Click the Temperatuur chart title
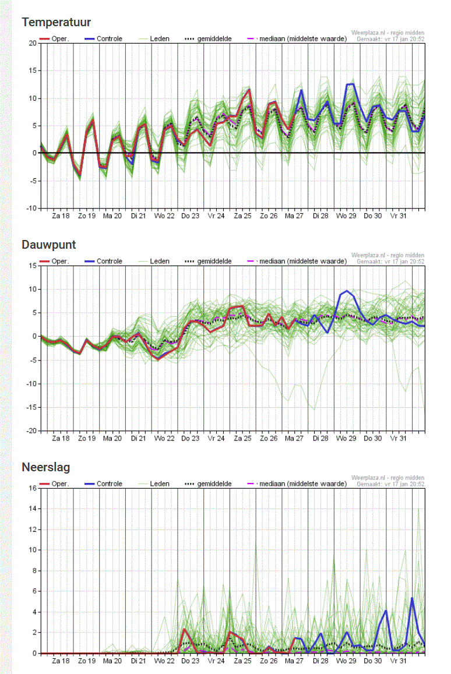pos(57,22)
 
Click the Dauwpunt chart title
pos(48,245)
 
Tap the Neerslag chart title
pos(45,467)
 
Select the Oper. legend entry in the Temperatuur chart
pos(54,38)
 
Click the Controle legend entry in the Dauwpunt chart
pos(104,262)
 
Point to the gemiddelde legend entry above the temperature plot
pos(208,38)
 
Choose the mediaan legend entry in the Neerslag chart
pos(297,484)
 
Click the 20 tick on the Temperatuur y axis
pos(33,43)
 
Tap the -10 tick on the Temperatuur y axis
pos(32,209)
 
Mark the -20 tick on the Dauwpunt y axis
pos(32,430)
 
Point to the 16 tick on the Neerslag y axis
pos(33,488)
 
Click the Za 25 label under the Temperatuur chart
pos(242,216)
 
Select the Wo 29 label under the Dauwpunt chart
pos(346,439)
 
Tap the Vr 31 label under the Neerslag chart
pos(398,661)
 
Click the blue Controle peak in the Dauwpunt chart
pos(347,291)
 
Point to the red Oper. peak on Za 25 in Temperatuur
pos(249,89)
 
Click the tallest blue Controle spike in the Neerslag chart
pos(412,598)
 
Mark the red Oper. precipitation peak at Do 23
pos(184,629)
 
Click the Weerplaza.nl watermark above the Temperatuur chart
pos(388,33)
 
